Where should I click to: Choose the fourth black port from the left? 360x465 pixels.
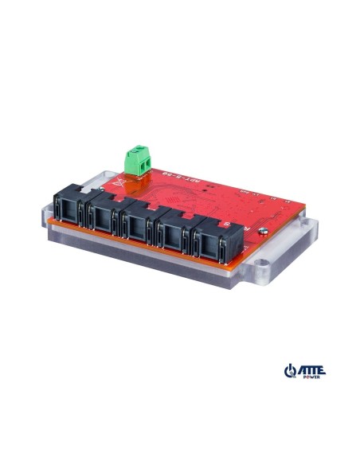click(x=174, y=233)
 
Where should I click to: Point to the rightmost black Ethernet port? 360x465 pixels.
click(x=209, y=241)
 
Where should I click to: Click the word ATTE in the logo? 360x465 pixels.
click(x=311, y=369)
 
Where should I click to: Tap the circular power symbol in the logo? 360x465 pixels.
click(x=289, y=371)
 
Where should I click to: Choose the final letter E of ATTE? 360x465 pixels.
click(x=322, y=369)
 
